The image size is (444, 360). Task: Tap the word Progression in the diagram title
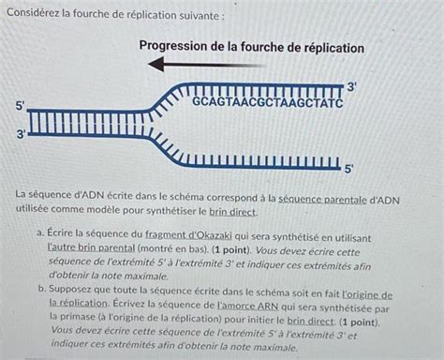coord(178,47)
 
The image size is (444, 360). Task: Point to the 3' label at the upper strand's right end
coord(352,86)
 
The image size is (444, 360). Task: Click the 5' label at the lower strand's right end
coord(348,170)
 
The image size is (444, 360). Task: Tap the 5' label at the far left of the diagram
coord(21,105)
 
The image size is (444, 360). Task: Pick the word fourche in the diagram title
coord(251,47)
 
